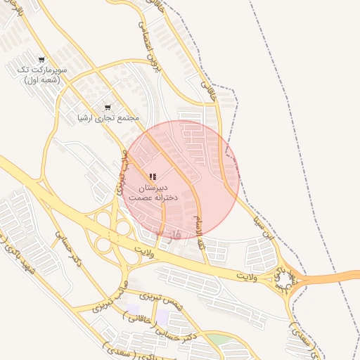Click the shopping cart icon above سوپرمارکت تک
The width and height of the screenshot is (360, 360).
pyautogui.click(x=41, y=60)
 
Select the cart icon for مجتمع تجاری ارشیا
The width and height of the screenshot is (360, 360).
pyautogui.click(x=107, y=108)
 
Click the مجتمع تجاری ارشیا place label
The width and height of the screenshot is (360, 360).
pyautogui.click(x=108, y=117)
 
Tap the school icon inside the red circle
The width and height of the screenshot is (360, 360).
pyautogui.click(x=153, y=177)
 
